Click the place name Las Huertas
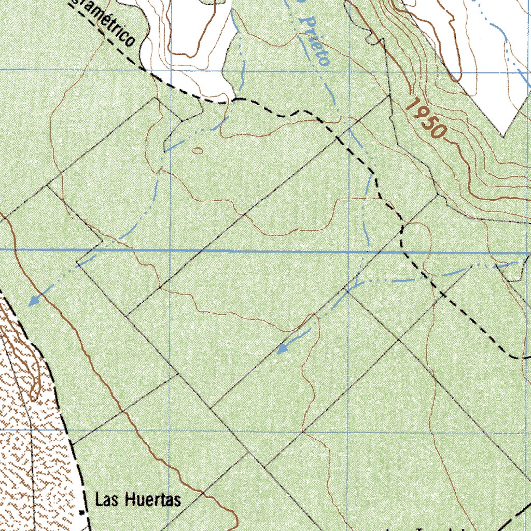[x=138, y=500]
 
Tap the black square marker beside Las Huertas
[x=82, y=512]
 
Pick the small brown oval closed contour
[x=198, y=151]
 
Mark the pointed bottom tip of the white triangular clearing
[x=503, y=136]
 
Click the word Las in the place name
[x=106, y=500]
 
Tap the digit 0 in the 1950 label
[x=439, y=131]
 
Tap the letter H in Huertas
[x=129, y=500]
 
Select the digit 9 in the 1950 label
[x=421, y=114]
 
